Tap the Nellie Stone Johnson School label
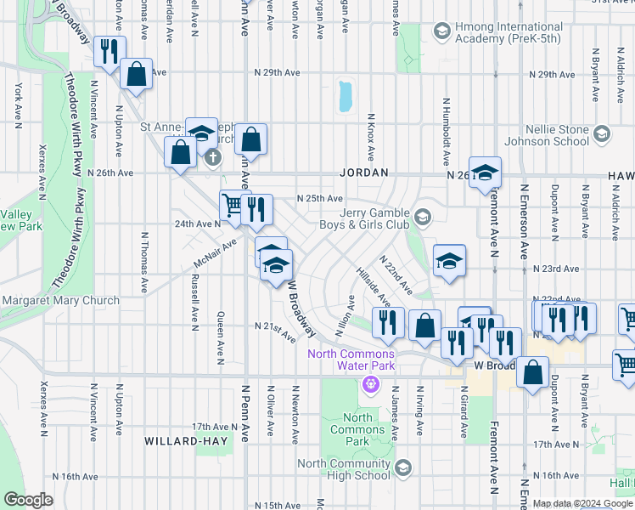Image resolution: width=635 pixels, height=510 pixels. pyautogui.click(x=557, y=135)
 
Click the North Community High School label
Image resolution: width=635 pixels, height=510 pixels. pyautogui.click(x=345, y=469)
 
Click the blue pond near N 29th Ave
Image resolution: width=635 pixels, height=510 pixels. pyautogui.click(x=345, y=97)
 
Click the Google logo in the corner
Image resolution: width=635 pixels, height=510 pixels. pyautogui.click(x=28, y=500)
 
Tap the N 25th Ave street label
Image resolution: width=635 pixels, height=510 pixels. pyautogui.click(x=318, y=198)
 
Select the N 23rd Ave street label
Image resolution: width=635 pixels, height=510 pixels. pyautogui.click(x=555, y=269)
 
